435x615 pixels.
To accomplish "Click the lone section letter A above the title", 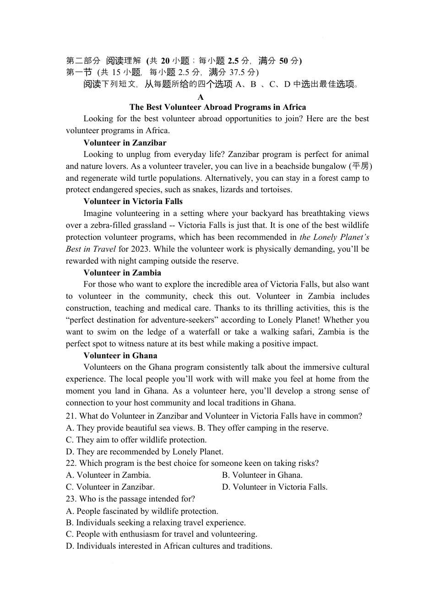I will coord(201,97).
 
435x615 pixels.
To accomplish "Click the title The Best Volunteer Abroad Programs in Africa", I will coord(217,107).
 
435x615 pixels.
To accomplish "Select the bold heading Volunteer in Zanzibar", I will coord(125,143).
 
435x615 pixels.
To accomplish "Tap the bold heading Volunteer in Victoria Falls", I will coord(133,201).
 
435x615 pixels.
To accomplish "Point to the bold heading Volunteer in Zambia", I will coord(122,273).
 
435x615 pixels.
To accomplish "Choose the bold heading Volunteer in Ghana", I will coord(120,356).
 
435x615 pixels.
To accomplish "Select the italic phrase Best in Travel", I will coord(91,249).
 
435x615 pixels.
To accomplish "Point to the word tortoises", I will coord(276,189).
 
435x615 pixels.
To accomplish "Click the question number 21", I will coord(71,416).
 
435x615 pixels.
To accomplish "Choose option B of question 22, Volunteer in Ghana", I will coord(262,475).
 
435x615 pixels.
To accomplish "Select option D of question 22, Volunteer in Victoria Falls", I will coord(275,487).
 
